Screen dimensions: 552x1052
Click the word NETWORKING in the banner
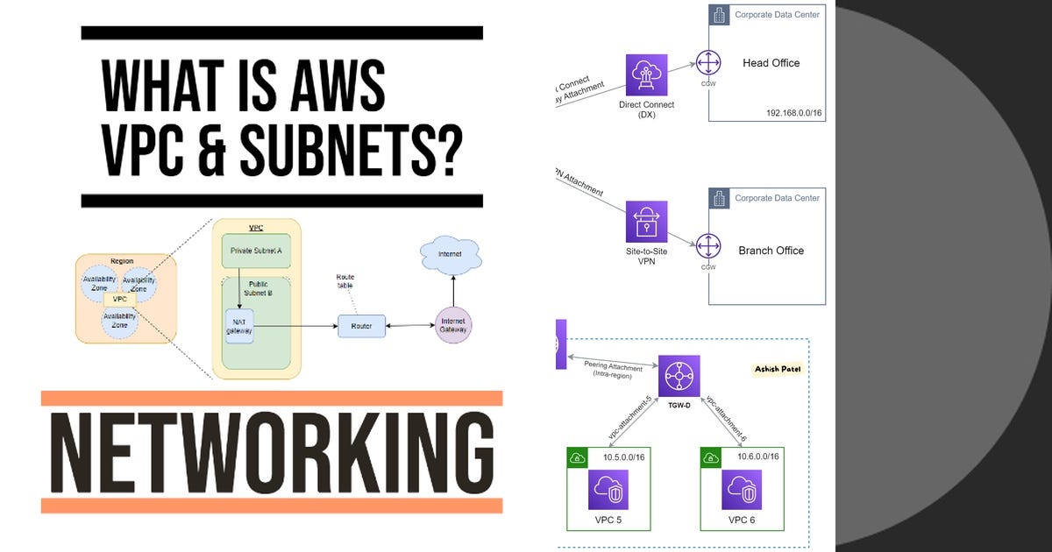[271, 453]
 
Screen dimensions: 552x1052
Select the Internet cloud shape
[451, 255]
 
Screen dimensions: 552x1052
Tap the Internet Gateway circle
[453, 326]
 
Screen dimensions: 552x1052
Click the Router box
[361, 326]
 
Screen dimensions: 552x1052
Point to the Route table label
[346, 282]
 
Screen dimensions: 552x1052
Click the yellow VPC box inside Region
[121, 299]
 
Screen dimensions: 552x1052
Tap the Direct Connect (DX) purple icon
[646, 75]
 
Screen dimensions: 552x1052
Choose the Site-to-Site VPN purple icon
[646, 222]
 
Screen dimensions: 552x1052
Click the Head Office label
[771, 63]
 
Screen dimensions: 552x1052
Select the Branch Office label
[771, 251]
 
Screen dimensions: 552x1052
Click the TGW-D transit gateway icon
[679, 376]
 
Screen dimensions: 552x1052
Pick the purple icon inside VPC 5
[608, 490]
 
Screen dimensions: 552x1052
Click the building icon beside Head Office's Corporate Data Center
[719, 15]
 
